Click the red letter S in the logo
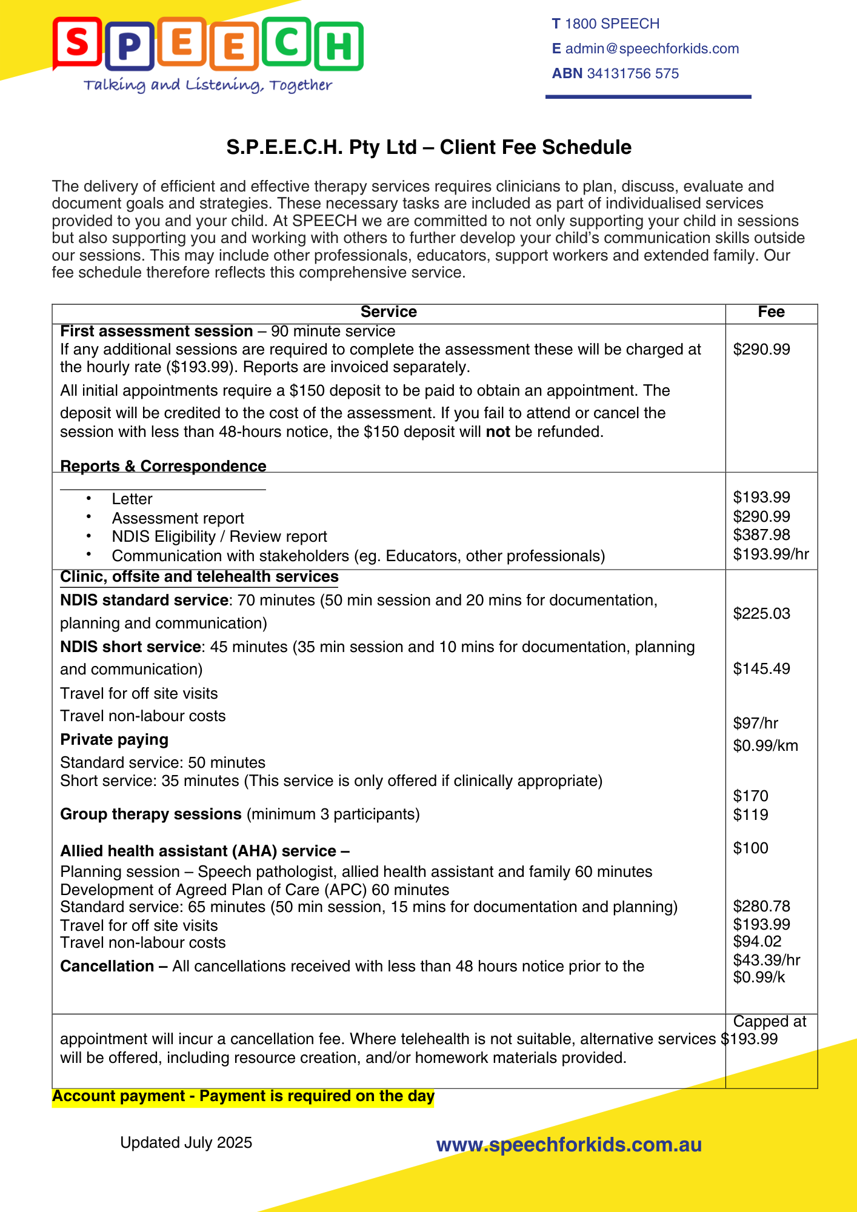[77, 42]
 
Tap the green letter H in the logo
[339, 46]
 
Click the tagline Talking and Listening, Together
[208, 85]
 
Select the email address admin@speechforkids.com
[652, 48]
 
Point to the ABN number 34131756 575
[633, 73]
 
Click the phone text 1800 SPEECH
[612, 24]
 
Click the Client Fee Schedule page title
[428, 147]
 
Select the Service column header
[388, 312]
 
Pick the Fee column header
[771, 312]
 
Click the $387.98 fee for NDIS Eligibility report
[761, 534]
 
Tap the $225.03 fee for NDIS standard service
[761, 613]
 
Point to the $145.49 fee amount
[761, 668]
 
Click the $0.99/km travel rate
[765, 745]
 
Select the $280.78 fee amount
[761, 906]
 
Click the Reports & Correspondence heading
[163, 466]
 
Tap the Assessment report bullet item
[178, 518]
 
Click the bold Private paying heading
[114, 739]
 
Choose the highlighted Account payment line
[243, 1096]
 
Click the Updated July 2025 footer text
[186, 1142]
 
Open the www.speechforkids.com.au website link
[569, 1145]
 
